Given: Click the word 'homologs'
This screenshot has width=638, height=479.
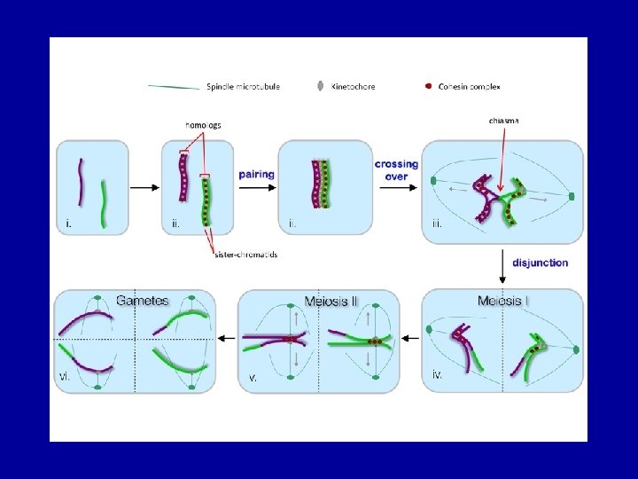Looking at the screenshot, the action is click(204, 125).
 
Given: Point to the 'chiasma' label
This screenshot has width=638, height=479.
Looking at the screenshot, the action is click(504, 120).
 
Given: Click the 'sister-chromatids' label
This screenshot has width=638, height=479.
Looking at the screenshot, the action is click(246, 255).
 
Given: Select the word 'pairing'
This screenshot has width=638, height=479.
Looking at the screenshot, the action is click(256, 175).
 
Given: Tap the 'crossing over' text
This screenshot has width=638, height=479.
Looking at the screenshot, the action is click(396, 170).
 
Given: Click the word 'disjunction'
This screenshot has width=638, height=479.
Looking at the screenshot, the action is click(540, 263).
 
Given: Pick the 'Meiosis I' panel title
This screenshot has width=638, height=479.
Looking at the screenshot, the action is click(503, 302).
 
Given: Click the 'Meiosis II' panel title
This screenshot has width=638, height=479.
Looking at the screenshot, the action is click(331, 302).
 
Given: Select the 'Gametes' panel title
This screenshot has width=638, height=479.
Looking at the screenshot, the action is click(143, 301).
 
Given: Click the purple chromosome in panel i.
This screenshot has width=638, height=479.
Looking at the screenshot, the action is click(82, 182).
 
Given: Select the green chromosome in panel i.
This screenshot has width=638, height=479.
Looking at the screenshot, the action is click(104, 205).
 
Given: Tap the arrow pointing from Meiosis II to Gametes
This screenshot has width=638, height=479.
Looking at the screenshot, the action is click(226, 338).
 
